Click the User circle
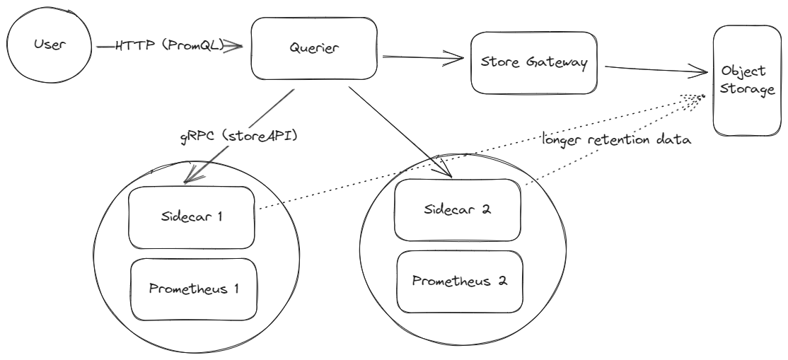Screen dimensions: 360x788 48,47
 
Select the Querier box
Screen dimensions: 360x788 314,48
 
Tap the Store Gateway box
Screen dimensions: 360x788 533,62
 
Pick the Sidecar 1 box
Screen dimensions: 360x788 191,217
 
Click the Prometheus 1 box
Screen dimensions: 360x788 193,289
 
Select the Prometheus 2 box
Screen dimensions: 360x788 459,281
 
